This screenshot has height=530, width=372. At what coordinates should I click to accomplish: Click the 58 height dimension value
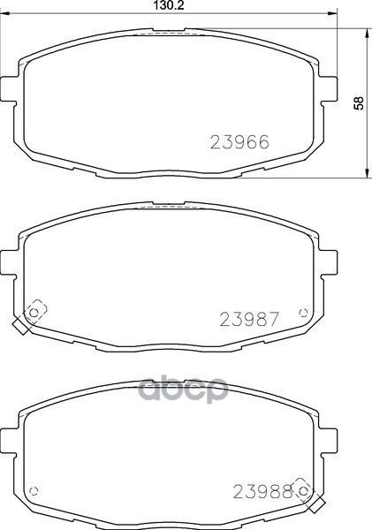click(x=359, y=103)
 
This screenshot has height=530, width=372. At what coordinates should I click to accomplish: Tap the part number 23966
click(x=239, y=142)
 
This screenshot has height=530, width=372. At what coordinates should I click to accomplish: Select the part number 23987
click(x=249, y=319)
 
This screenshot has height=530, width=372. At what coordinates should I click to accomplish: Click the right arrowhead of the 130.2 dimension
click(x=333, y=13)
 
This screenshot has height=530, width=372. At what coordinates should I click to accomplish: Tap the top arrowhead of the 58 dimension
click(x=366, y=34)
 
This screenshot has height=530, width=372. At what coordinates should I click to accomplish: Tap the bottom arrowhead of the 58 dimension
click(x=366, y=173)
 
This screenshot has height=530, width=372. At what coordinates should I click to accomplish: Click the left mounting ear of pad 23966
click(x=8, y=88)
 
